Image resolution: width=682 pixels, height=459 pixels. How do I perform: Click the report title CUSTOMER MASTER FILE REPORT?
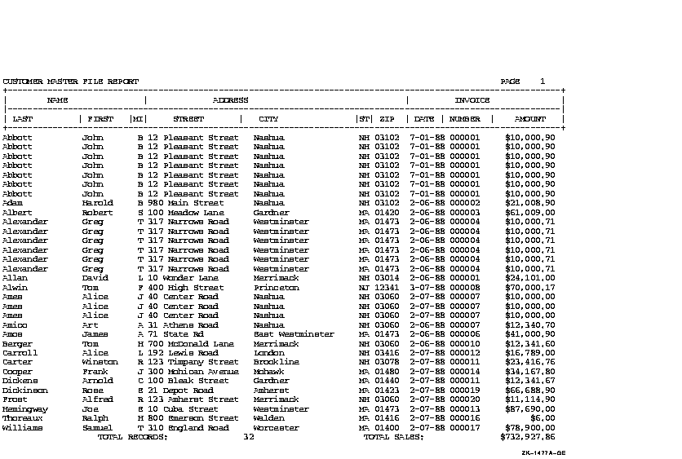71,82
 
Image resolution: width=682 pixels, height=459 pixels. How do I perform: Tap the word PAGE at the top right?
510,82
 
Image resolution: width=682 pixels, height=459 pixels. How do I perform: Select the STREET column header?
188,119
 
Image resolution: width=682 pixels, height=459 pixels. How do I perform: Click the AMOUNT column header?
530,119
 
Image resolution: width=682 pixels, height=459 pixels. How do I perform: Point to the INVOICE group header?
472,100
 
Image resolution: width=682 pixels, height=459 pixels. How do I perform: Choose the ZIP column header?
387,119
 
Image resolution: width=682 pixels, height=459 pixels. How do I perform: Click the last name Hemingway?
25,409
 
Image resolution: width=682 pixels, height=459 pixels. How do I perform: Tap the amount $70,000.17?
530,288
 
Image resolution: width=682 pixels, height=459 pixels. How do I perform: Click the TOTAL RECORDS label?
133,437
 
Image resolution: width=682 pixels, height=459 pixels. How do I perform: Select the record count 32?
250,437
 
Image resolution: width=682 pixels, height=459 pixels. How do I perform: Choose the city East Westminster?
294,334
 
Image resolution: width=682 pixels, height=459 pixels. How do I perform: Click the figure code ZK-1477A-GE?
543,453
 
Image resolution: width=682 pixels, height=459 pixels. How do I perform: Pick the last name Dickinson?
25,391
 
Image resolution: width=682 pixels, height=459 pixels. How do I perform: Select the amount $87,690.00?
530,409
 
